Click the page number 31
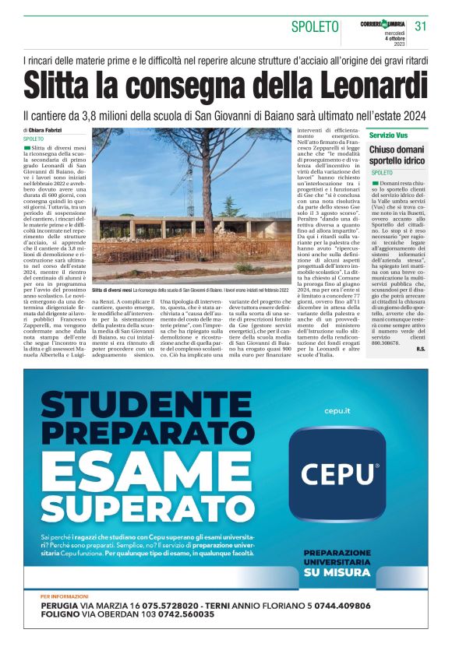coord(422,26)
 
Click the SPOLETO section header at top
coord(315,26)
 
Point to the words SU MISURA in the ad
coord(337,572)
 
